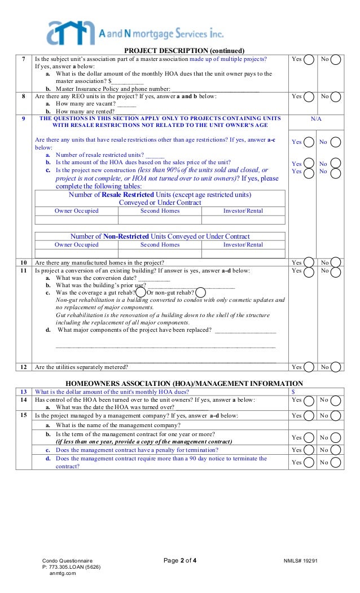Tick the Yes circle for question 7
point(309,60)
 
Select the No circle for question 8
point(336,97)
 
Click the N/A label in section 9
point(317,118)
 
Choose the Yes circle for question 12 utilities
point(309,367)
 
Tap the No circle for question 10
point(336,263)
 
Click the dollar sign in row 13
point(293,392)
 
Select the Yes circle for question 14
point(309,401)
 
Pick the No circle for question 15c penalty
point(336,450)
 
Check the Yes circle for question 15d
point(309,463)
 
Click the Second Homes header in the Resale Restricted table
point(160,211)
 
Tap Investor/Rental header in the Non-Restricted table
point(243,245)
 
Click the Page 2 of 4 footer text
point(180,560)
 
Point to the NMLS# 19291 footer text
point(301,561)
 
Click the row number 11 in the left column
point(23,271)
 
